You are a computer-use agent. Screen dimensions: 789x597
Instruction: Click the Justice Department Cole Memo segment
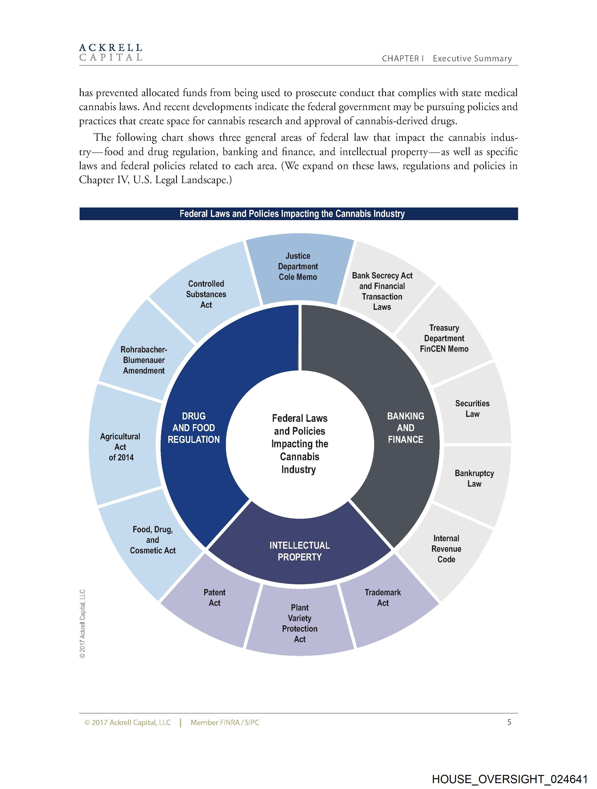(298, 267)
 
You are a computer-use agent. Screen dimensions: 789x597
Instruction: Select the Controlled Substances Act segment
(206, 294)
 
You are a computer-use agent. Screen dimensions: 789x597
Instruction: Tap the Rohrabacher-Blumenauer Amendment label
(144, 360)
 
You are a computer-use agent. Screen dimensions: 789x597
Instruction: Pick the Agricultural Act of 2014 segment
(121, 447)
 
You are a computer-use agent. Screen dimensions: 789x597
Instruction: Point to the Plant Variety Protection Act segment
(300, 623)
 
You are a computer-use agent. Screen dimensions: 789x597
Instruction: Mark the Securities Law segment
(472, 409)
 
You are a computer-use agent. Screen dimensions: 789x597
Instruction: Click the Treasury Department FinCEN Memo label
(444, 338)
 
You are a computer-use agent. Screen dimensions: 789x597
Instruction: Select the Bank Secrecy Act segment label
(382, 291)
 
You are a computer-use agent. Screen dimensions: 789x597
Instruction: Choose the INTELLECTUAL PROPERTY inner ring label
(300, 551)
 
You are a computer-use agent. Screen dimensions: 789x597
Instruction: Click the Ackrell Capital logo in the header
(111, 52)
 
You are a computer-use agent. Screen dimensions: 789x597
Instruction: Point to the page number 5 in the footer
(509, 722)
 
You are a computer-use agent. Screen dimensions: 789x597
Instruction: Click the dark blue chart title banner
(298, 214)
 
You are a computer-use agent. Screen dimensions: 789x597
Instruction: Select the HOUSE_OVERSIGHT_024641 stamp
(510, 779)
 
